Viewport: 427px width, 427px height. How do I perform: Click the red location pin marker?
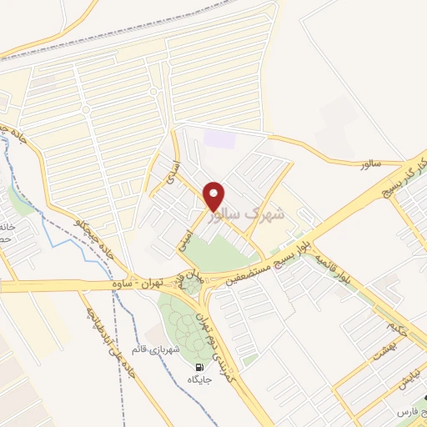tap(214, 195)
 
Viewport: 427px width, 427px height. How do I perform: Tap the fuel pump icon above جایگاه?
tap(199, 368)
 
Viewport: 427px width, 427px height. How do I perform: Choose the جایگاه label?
tap(200, 379)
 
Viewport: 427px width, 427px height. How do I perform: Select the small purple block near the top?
tap(219, 138)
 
